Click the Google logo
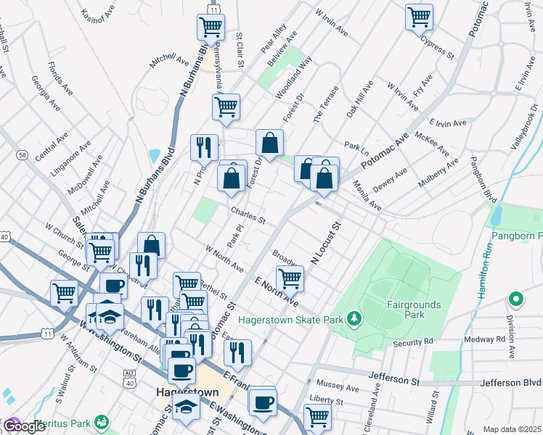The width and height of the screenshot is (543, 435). coord(24,426)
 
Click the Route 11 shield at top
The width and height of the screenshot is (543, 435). coord(213,9)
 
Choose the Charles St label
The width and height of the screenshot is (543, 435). coord(248,215)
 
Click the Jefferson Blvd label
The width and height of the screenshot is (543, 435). coord(513,381)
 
